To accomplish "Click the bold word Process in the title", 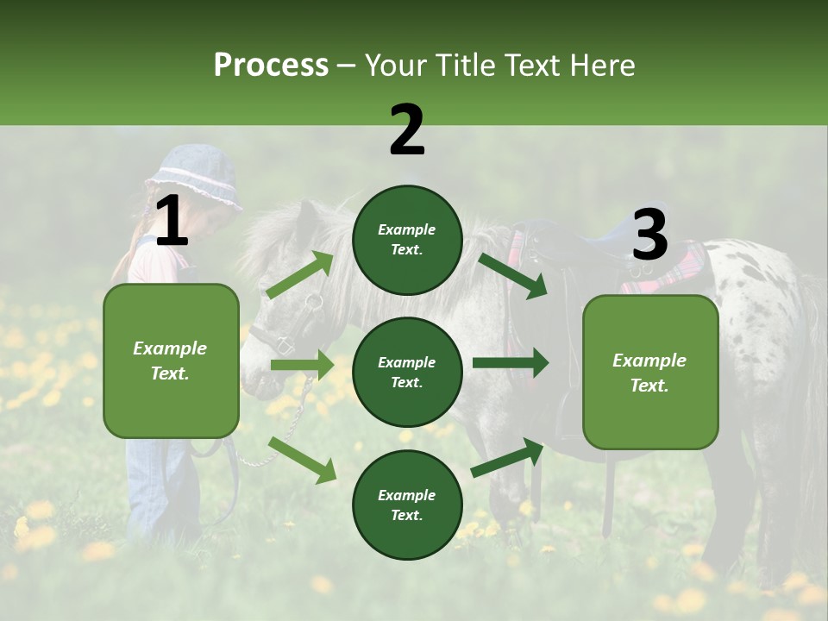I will coord(271,66).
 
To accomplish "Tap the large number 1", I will coord(171,223).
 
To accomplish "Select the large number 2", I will coord(407,131).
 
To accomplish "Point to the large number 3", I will coord(649,235).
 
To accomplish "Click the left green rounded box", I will coord(171,361).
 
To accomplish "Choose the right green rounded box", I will coord(649,373).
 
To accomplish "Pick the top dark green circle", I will coord(407,240).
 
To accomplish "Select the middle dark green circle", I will coord(407,373).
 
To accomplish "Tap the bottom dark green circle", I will coord(407,505).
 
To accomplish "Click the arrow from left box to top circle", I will coord(300,274).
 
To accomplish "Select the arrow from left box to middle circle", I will coord(302,365).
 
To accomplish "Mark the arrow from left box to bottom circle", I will coord(302,460).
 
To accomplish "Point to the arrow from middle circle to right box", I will coord(510,363).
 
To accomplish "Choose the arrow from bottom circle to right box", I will coord(508,458).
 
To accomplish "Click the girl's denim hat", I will coord(195,177).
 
